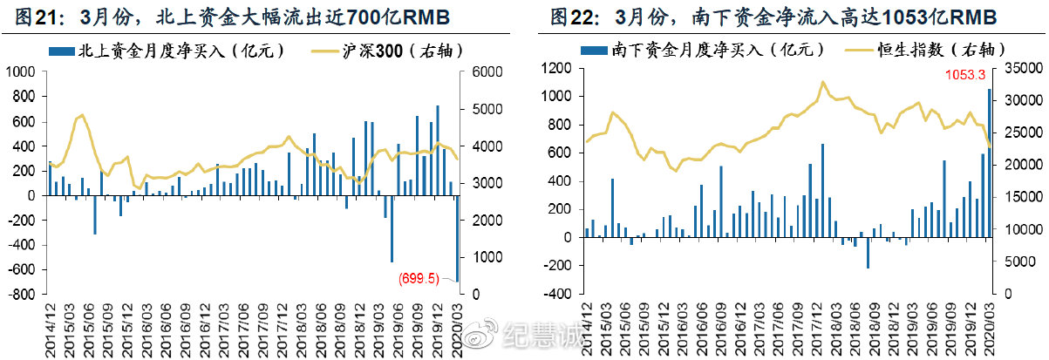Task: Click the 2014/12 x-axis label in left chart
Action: [x=49, y=327]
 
